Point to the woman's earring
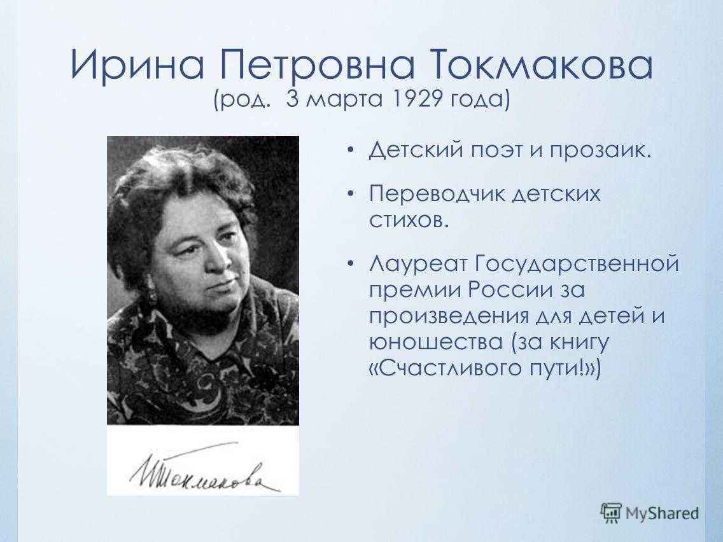pyautogui.click(x=153, y=296)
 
